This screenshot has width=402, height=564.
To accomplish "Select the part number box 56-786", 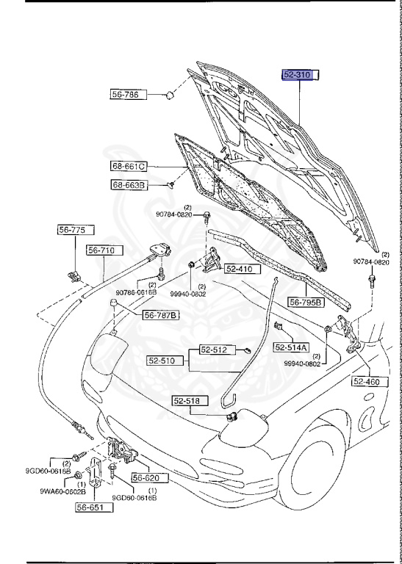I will click(x=129, y=95).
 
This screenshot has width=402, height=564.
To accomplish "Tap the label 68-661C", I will click(x=129, y=166).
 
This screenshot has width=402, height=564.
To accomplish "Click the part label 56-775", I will click(x=72, y=230).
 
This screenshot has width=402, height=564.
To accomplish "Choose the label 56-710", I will click(x=101, y=250).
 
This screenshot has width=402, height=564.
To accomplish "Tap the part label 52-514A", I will click(x=292, y=347).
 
